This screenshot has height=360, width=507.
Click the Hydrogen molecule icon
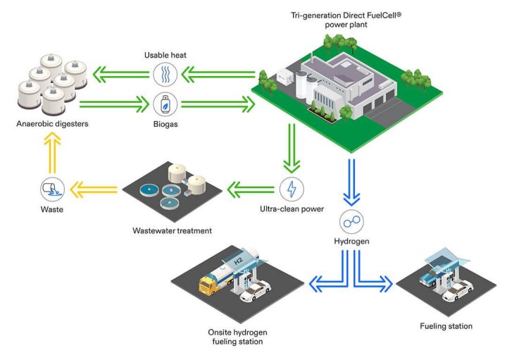(351, 221)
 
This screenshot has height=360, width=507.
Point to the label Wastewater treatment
(172, 230)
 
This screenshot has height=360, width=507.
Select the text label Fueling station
(446, 326)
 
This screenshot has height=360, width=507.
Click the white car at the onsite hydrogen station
(256, 290)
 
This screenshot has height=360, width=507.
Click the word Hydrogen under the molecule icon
(351, 242)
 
